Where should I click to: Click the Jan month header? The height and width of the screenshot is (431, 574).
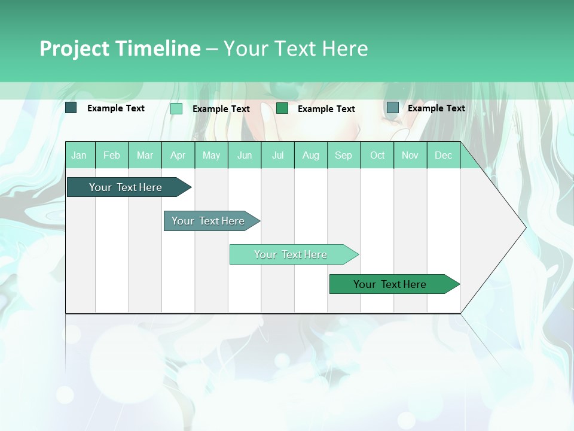coord(79,155)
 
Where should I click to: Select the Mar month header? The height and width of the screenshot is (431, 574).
coord(145,155)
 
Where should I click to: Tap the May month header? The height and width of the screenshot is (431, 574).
coord(211,155)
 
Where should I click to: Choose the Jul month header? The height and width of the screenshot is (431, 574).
coord(277,155)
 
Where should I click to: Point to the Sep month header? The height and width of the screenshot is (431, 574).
coord(343,155)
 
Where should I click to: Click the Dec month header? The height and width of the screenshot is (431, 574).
coord(443,155)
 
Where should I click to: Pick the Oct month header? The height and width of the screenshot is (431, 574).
coord(377,155)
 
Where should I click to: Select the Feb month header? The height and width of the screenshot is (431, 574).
coord(112,155)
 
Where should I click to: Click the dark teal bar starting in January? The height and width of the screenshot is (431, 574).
coord(126,187)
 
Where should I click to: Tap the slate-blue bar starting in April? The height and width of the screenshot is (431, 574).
coord(208,221)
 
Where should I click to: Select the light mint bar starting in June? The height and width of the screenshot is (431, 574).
coord(291,254)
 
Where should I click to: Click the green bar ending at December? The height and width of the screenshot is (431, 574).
coord(390,284)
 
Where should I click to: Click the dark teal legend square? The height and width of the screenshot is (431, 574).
coord(71,108)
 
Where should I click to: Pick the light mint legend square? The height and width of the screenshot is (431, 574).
coord(176,108)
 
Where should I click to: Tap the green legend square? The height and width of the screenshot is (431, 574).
coord(282,108)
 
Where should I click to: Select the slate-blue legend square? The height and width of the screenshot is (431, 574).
coord(393,108)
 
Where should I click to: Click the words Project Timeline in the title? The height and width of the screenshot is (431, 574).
coord(120,48)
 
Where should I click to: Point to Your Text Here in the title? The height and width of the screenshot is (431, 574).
coord(295,48)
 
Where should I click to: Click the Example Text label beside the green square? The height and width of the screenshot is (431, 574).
coord(326,109)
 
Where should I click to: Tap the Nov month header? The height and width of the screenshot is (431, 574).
coord(410,155)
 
